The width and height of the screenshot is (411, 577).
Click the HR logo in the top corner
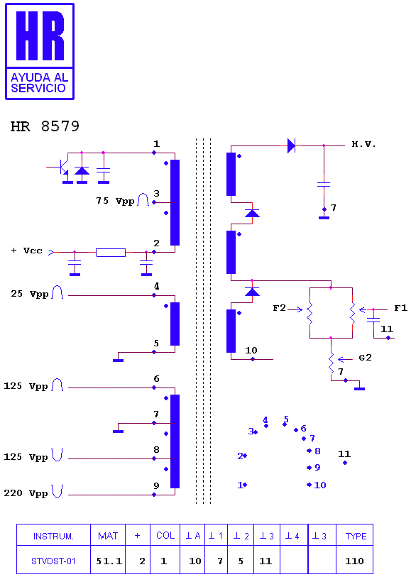[40, 52]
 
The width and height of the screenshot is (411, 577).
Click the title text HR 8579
[45, 126]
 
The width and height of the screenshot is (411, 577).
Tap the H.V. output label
[364, 144]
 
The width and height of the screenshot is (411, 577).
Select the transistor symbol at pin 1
[61, 167]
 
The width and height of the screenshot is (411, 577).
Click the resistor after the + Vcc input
[111, 253]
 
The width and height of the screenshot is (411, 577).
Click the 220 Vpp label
[26, 493]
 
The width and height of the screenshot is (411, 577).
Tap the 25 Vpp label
[29, 294]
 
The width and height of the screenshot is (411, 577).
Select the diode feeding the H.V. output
[292, 145]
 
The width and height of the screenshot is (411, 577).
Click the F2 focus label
[279, 308]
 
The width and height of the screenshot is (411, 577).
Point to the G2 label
[365, 358]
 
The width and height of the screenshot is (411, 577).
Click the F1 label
[400, 308]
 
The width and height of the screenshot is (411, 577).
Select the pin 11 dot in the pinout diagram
[345, 463]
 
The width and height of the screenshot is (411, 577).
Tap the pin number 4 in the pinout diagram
[265, 420]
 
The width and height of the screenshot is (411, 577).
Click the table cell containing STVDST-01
[53, 561]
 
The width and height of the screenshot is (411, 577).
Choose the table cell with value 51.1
[108, 561]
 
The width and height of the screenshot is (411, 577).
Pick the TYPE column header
[355, 536]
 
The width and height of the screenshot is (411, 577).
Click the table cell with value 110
[355, 561]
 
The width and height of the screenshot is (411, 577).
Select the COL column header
[165, 536]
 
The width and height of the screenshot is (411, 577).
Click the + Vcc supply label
[27, 251]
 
